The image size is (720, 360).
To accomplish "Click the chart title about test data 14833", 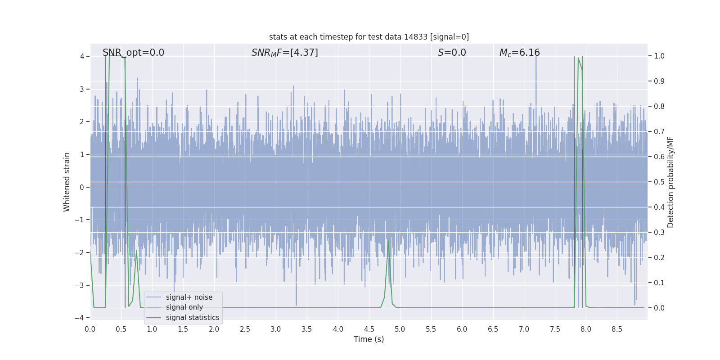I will tap(369, 37).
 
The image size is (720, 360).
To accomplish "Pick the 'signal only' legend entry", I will tap(184, 307).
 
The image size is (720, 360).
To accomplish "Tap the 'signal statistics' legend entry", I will tap(192, 318).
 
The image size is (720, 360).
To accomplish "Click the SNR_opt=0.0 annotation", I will tap(133, 53).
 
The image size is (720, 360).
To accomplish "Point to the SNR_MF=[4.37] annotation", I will tap(284, 53).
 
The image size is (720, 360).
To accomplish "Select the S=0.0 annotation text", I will tap(452, 53).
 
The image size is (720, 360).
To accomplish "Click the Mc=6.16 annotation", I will tap(519, 53).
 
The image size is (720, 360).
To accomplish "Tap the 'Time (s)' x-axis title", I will tap(369, 339).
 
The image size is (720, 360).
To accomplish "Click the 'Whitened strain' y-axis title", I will tap(67, 182).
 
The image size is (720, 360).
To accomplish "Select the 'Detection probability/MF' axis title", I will tap(670, 182).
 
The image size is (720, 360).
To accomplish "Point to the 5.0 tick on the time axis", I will tap(400, 329).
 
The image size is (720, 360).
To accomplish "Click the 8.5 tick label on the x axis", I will tap(616, 329).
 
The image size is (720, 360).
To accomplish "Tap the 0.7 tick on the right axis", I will tap(659, 131).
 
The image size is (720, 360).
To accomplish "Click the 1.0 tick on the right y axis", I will tap(659, 56).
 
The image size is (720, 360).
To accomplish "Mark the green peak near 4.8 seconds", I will tap(388, 241).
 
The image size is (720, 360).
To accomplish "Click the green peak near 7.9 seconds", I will tap(578, 58).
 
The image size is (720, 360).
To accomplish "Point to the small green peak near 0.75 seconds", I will tap(136, 251).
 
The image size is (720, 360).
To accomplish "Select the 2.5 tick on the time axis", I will tap(245, 329).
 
